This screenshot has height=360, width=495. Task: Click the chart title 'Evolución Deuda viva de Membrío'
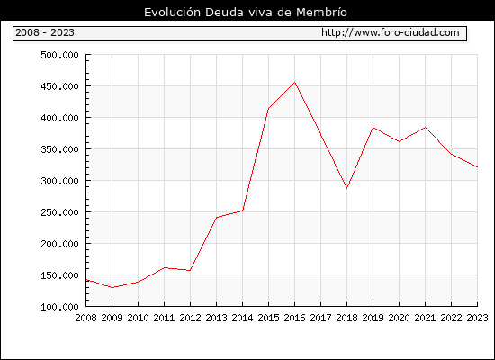246,13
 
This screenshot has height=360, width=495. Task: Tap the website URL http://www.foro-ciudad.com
391,32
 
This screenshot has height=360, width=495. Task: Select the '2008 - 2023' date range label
45,32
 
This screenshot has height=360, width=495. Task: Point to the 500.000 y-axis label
59,55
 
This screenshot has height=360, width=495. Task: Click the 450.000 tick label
59,86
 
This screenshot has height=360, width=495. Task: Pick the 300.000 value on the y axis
59,181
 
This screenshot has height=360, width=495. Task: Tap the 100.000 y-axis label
59,307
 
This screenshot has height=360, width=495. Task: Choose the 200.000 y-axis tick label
59,244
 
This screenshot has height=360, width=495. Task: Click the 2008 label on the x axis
85,318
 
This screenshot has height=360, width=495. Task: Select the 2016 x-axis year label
294,318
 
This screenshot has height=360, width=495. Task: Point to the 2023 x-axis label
477,318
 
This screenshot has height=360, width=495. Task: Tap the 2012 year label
190,318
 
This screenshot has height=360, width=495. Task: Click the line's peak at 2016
295,83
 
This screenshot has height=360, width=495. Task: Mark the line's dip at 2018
346,188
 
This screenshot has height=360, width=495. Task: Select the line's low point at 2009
112,287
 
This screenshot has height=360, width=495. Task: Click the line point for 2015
269,109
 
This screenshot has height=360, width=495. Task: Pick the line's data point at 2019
373,128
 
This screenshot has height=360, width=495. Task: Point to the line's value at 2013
217,217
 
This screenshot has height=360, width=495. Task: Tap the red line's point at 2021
425,128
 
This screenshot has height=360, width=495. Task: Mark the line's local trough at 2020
399,141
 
